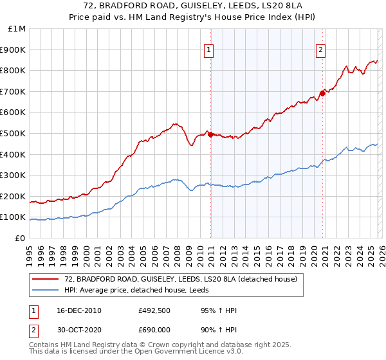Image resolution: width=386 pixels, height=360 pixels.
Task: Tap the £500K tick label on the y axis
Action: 13,133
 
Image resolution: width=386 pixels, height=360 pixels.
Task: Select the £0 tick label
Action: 19,238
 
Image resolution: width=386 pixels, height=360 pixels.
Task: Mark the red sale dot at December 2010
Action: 210,134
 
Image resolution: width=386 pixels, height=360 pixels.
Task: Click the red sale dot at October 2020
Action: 322,93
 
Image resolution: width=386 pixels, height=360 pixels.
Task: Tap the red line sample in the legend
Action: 46,279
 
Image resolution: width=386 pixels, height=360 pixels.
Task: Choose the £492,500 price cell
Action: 154,310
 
